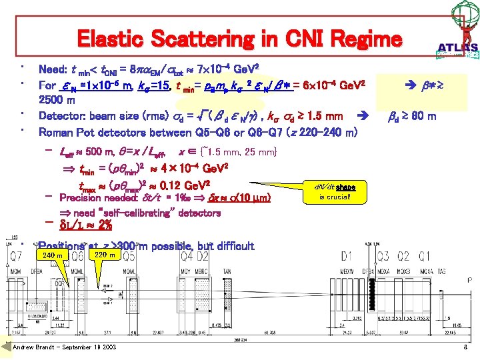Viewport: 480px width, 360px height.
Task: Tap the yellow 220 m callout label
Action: coord(105,254)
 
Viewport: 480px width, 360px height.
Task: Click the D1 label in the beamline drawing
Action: coord(347,255)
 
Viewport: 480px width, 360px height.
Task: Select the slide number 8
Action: coord(464,347)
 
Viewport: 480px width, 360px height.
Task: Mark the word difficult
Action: coord(231,246)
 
